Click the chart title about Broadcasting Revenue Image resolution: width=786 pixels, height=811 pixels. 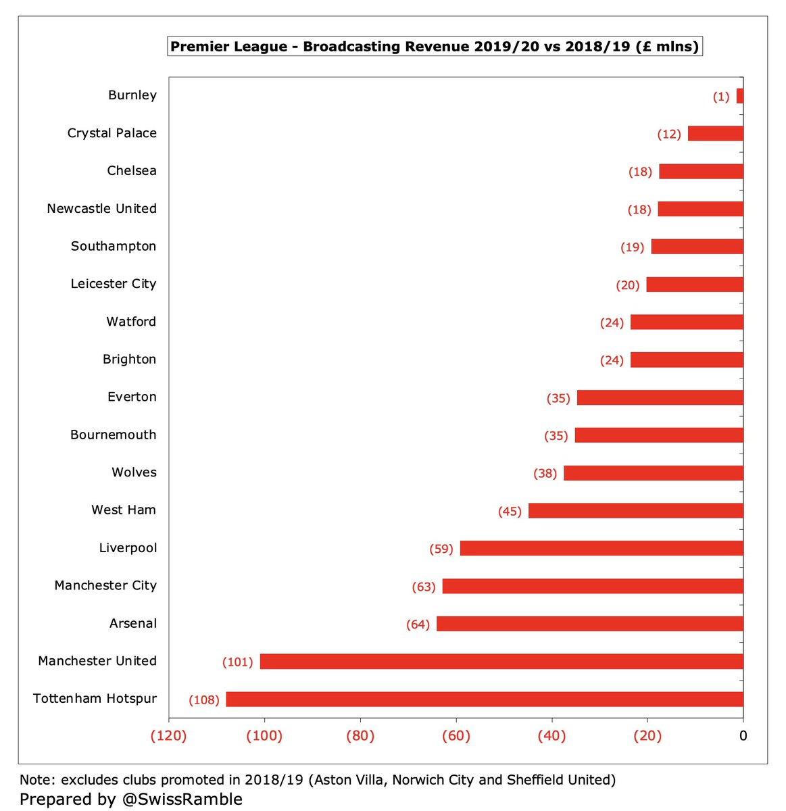[435, 46]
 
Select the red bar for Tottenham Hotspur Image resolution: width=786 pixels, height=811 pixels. [485, 699]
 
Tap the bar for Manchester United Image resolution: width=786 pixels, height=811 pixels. [501, 662]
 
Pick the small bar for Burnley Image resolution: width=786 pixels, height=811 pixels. [740, 96]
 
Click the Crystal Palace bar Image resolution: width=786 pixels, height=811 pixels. [716, 133]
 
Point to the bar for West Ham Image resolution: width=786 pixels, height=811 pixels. [635, 510]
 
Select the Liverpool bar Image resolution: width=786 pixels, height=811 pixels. [601, 548]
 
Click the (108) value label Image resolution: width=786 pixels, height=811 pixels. [204, 699]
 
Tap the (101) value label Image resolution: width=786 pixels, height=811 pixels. [237, 662]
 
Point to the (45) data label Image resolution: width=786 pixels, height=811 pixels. [510, 512]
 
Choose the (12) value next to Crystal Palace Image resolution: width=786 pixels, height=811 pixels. [669, 134]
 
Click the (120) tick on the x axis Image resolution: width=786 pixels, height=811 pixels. [168, 736]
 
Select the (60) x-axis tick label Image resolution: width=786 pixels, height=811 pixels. [456, 736]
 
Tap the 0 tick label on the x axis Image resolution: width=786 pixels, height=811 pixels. [743, 736]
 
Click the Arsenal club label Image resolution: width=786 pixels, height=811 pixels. [133, 623]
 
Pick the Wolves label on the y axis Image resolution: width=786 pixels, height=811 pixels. [134, 472]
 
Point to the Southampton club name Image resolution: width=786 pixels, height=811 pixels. [114, 246]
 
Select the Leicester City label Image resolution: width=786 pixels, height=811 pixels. [114, 284]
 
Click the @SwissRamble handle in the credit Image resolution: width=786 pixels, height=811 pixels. [182, 800]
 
